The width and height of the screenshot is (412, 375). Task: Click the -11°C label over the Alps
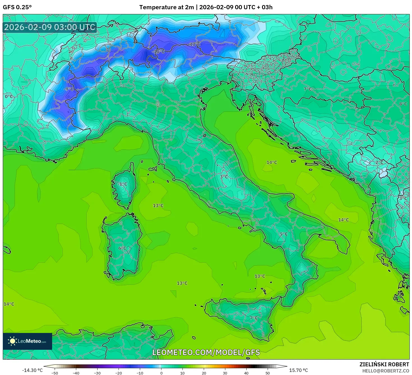[x=195, y=44]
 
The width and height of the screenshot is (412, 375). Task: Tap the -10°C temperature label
[x=158, y=52]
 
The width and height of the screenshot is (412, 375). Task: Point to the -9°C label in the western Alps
[x=68, y=89]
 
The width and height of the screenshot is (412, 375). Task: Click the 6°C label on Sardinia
[x=122, y=248]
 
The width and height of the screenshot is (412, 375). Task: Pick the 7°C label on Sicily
[x=254, y=318]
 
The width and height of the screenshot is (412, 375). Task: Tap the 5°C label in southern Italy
[x=284, y=234]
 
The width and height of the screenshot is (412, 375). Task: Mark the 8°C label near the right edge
[x=403, y=104]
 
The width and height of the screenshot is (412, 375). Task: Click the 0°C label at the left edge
[x=9, y=97]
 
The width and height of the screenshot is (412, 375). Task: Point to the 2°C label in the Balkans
[x=379, y=163]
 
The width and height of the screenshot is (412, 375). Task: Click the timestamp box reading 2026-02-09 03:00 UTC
[x=50, y=27]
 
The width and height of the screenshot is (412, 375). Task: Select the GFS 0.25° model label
[x=17, y=7]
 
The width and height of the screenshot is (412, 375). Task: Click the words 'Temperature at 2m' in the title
[x=166, y=7]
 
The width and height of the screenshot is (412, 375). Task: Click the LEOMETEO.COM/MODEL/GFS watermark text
[x=206, y=352]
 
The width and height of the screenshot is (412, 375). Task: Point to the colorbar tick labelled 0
[x=161, y=373]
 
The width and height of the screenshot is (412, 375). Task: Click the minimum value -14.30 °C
[x=33, y=370]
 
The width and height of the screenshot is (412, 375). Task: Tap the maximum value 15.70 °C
[x=298, y=370]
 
